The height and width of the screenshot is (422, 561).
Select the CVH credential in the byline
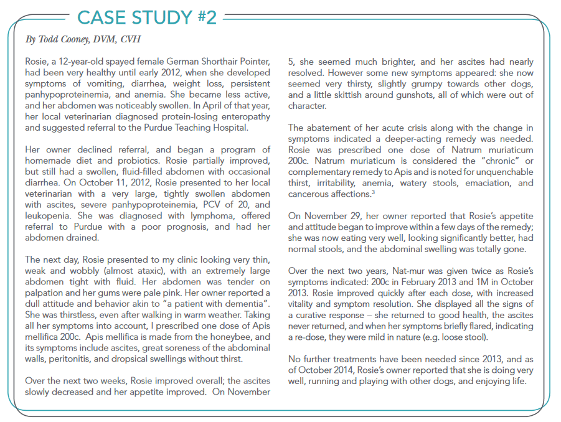[130, 40]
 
